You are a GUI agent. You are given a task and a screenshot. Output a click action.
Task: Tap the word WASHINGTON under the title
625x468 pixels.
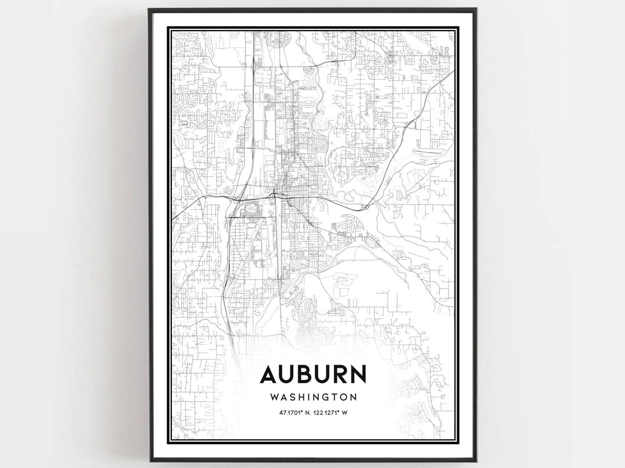313,397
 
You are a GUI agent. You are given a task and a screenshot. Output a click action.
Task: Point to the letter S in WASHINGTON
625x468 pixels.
291,397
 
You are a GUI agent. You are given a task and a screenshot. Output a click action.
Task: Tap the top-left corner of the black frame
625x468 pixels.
149,10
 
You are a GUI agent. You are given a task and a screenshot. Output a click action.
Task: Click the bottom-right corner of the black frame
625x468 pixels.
476,460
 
